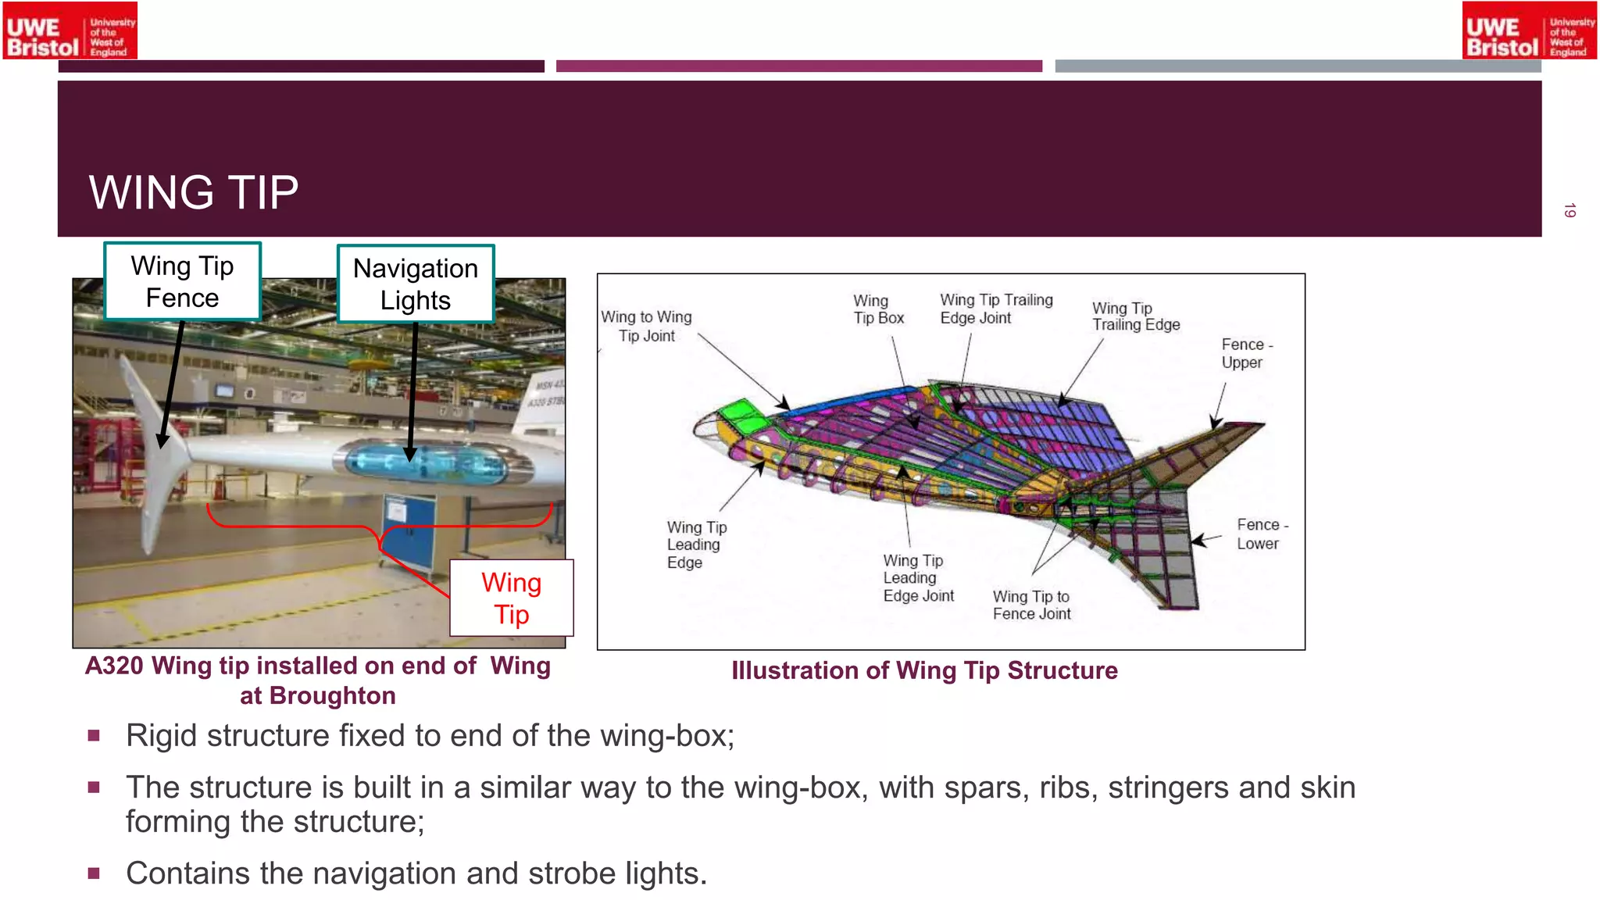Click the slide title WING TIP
[194, 192]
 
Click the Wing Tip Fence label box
[182, 282]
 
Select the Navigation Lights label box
[416, 284]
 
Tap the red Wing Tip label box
[512, 598]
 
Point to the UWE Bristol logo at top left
[70, 30]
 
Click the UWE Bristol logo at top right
[1529, 30]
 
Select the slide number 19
[1570, 210]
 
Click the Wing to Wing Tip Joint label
[646, 327]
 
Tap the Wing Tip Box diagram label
[878, 309]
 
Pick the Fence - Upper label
[1246, 353]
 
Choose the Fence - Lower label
[1261, 534]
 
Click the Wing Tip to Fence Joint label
[1031, 605]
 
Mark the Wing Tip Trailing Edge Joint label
[996, 309]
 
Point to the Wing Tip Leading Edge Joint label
[918, 578]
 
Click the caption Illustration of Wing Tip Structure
[924, 670]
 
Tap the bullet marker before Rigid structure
[94, 736]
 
